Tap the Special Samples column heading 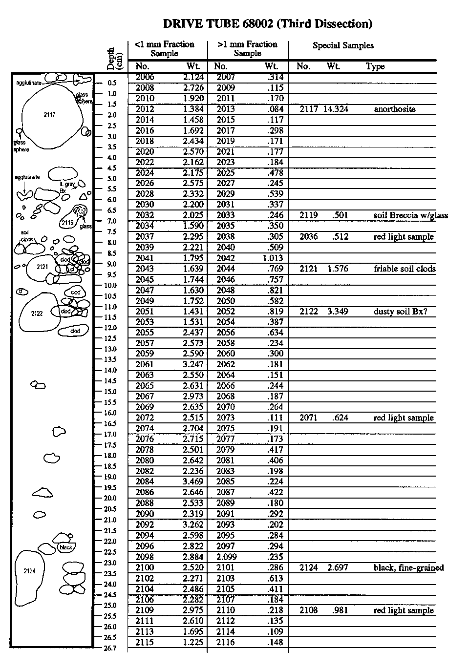(x=343, y=45)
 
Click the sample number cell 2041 (x=144, y=258)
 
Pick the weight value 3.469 (x=193, y=481)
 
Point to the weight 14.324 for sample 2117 (x=336, y=109)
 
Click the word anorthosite (x=394, y=109)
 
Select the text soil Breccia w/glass (x=410, y=215)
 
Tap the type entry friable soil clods (x=405, y=269)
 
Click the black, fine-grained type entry (x=408, y=567)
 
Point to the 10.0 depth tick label (x=110, y=285)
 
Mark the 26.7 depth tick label (x=110, y=648)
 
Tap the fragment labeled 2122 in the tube (x=38, y=313)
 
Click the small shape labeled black (x=65, y=547)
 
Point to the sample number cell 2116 (x=225, y=642)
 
